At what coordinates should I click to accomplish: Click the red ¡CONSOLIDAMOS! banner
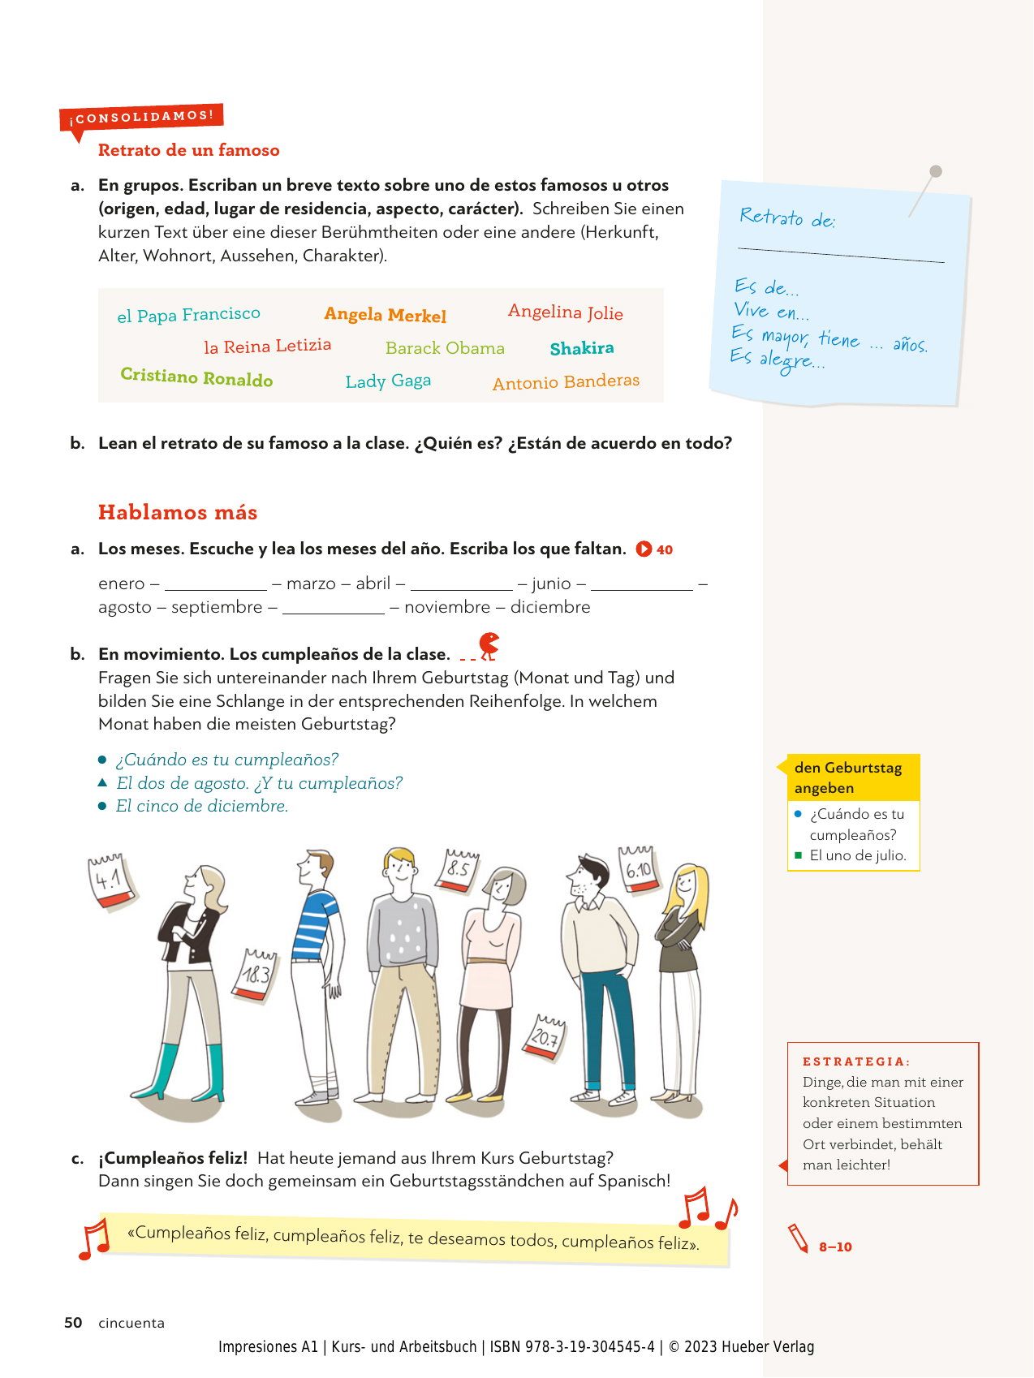[141, 118]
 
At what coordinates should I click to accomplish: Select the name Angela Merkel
[385, 315]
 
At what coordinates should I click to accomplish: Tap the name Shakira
[581, 348]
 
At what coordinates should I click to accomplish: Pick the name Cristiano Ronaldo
[196, 377]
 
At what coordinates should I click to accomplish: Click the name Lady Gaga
[388, 381]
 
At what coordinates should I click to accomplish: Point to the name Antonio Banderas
[566, 382]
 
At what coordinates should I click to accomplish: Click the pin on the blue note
[935, 172]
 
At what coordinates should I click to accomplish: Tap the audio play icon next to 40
[644, 549]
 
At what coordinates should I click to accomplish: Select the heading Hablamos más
[178, 513]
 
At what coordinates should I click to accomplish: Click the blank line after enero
[215, 585]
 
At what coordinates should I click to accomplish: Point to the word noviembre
[446, 607]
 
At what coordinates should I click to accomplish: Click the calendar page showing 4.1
[110, 880]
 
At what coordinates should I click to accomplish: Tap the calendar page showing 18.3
[256, 974]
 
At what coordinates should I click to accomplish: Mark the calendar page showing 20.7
[545, 1037]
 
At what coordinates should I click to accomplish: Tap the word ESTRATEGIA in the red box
[855, 1061]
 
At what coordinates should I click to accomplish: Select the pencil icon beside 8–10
[799, 1239]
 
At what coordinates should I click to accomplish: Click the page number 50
[73, 1323]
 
